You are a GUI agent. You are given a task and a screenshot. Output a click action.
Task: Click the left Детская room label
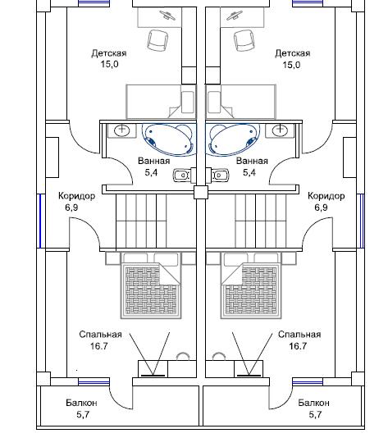[109, 53]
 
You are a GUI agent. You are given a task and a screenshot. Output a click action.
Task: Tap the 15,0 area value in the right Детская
[291, 65]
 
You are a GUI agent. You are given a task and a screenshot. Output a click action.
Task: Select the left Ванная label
[153, 161]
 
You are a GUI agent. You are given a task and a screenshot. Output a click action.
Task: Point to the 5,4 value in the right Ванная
[249, 172]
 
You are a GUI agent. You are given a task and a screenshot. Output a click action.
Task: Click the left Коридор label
[76, 196]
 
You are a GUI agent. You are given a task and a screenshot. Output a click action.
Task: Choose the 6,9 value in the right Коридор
[321, 208]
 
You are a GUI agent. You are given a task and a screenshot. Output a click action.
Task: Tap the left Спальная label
[100, 335]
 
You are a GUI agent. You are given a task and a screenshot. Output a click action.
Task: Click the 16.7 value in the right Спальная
[298, 346]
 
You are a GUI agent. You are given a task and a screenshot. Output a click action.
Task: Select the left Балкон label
[81, 403]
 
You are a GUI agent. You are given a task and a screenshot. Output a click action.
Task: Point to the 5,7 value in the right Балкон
[315, 414]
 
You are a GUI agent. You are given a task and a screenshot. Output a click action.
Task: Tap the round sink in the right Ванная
[281, 130]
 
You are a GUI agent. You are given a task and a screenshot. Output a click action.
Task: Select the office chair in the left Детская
[157, 40]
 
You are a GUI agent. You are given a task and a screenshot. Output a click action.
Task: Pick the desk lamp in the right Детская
[235, 16]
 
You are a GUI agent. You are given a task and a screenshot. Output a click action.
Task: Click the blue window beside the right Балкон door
[308, 382]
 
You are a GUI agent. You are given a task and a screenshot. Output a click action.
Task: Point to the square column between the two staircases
[201, 192]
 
